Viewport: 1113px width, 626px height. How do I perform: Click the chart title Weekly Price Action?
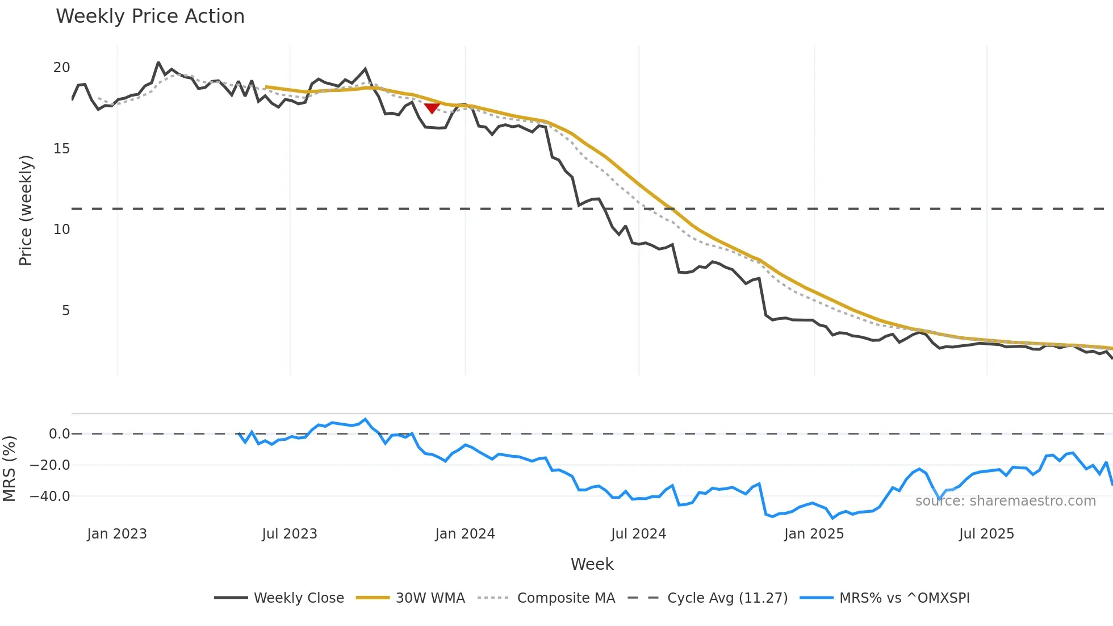click(150, 16)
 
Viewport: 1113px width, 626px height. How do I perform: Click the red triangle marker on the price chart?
click(432, 108)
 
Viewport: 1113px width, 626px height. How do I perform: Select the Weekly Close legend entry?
click(279, 598)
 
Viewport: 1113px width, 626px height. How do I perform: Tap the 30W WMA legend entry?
click(411, 598)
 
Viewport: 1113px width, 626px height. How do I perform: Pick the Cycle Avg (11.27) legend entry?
click(708, 598)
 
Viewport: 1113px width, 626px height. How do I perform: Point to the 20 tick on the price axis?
click(61, 68)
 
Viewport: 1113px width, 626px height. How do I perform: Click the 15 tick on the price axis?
click(61, 149)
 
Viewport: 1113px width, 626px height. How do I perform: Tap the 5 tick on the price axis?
click(66, 311)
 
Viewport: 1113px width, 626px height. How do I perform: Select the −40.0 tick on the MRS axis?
click(50, 496)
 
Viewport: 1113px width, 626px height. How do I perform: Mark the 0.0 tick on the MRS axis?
click(59, 434)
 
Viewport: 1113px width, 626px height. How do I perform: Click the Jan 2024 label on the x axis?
click(465, 534)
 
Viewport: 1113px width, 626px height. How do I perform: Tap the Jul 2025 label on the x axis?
click(986, 534)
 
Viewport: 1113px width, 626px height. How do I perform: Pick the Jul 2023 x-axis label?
click(290, 534)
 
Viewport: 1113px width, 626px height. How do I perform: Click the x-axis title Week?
click(592, 564)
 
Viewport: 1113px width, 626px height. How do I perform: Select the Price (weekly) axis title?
click(26, 210)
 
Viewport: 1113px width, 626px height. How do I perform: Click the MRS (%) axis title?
click(10, 469)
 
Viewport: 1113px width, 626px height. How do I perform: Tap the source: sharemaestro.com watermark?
click(1005, 501)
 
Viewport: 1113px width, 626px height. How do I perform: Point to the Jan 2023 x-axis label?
click(117, 534)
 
